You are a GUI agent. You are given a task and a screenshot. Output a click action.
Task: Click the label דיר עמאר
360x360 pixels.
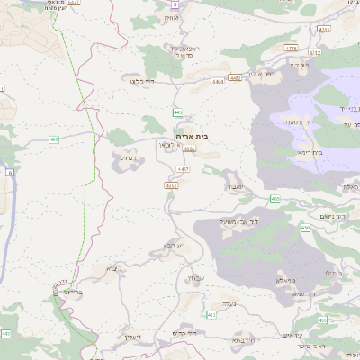click(319, 293)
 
